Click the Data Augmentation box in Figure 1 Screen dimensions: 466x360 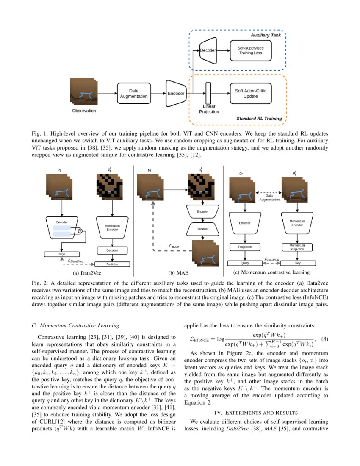coord(133,93)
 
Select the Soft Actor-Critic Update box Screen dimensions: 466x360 coord(250,93)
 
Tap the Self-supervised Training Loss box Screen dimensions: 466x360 coord(250,50)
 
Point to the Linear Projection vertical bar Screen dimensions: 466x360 coord(208,94)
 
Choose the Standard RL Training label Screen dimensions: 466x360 coord(259,118)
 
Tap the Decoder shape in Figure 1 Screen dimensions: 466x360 coord(208,50)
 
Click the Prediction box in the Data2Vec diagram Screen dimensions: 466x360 coord(112,264)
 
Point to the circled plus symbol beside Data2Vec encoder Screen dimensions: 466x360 coord(80,231)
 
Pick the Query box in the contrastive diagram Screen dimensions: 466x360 coord(245,263)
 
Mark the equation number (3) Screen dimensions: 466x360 coord(324,339)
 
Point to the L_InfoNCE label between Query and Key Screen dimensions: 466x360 coord(271,259)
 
